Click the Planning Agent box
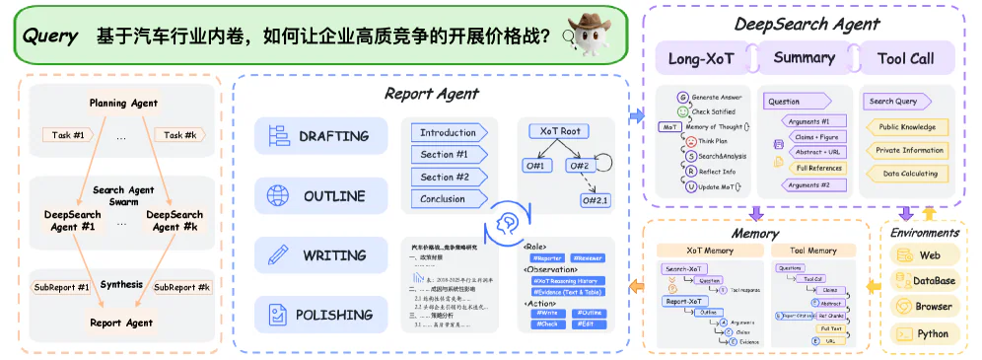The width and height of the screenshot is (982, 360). (123, 103)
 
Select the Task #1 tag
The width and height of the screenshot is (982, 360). (67, 135)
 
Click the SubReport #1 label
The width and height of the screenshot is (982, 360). (62, 287)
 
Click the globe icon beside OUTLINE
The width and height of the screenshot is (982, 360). (276, 195)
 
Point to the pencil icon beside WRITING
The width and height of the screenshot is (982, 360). (276, 254)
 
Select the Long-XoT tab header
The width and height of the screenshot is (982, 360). (699, 58)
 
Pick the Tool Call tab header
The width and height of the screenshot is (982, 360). (905, 58)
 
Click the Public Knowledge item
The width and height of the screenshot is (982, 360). (905, 126)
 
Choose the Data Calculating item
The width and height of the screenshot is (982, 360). (905, 173)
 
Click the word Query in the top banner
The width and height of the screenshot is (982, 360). (49, 36)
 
